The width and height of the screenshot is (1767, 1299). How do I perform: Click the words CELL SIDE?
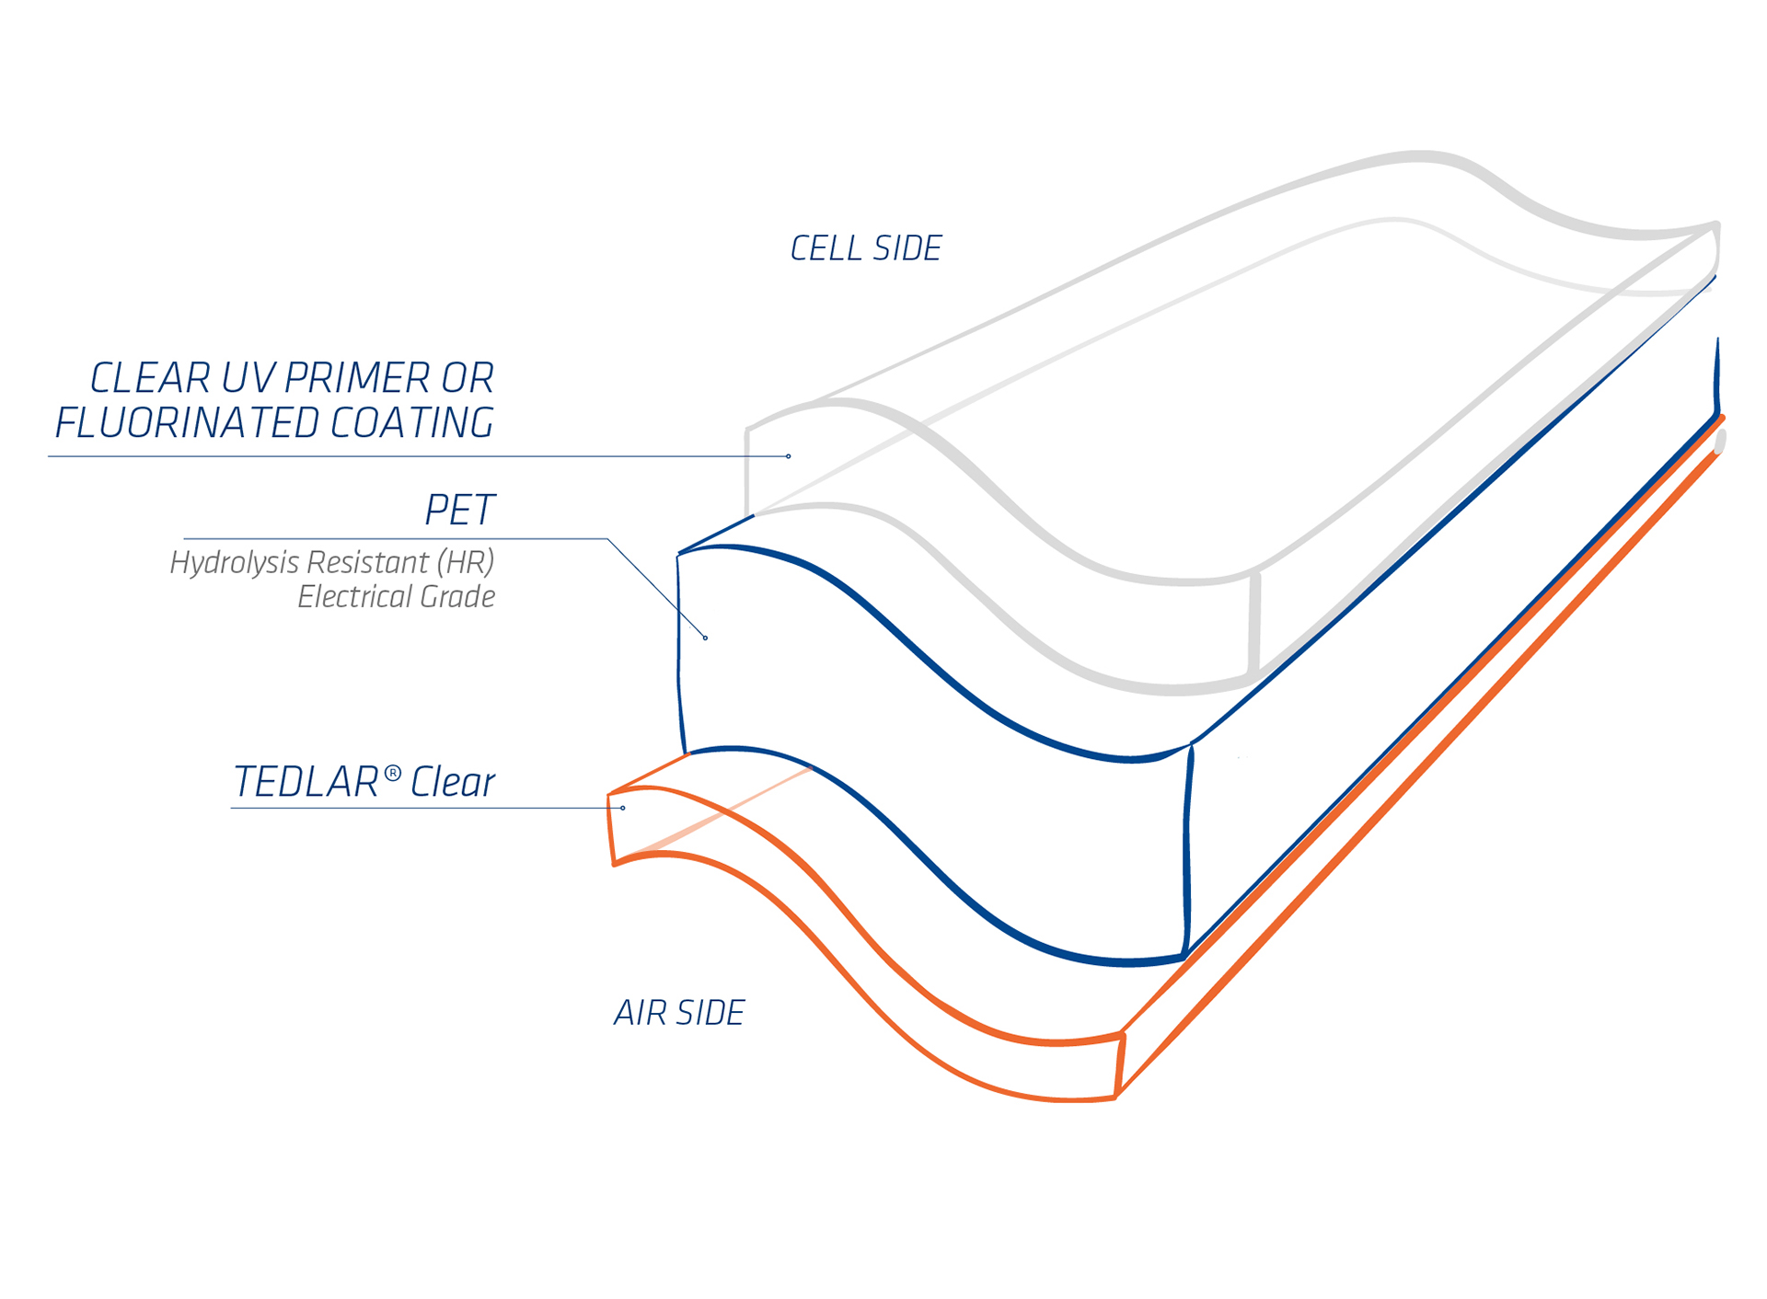(866, 248)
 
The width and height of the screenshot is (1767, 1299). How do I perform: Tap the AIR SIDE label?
(679, 1013)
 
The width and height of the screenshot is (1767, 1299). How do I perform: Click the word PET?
(459, 510)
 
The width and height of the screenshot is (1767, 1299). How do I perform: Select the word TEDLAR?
(306, 782)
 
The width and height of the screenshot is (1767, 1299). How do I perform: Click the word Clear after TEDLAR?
(452, 782)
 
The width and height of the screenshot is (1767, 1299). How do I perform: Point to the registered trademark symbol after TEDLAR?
(392, 773)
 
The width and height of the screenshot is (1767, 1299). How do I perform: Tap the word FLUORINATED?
(187, 423)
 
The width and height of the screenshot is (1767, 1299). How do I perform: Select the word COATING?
(411, 423)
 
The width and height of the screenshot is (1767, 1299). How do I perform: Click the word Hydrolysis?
(235, 563)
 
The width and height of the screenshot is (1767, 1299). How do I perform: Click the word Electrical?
(353, 597)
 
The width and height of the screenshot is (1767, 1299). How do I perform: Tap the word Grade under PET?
(456, 597)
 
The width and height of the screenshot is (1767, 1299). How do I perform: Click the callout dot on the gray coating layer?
(789, 456)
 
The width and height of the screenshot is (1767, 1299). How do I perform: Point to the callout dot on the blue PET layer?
(706, 638)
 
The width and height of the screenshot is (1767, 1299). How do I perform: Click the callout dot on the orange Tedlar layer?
(623, 808)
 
